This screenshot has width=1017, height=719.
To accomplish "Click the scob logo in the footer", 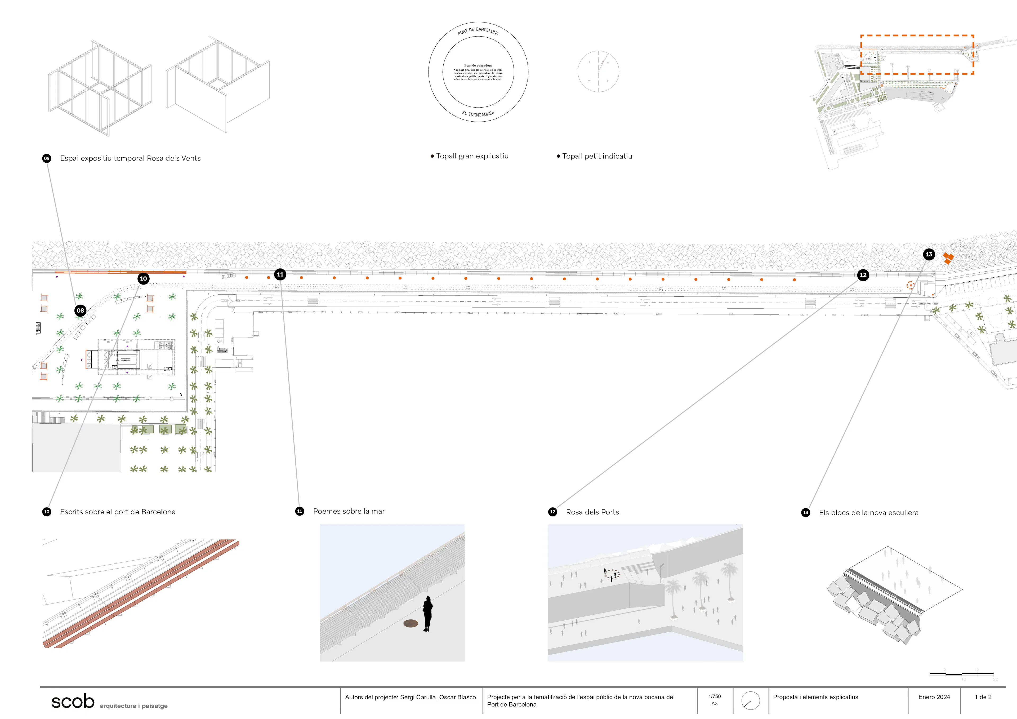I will [73, 701].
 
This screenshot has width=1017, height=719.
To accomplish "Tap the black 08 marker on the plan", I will [80, 310].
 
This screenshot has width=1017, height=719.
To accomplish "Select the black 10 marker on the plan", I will [143, 279].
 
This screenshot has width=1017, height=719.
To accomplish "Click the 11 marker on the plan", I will [280, 274].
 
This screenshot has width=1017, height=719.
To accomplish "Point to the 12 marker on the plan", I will [863, 275].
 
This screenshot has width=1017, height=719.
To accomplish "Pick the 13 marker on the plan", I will [929, 254].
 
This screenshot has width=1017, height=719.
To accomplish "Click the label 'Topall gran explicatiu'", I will [472, 156].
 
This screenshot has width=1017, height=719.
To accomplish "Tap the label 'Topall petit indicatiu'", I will [597, 156].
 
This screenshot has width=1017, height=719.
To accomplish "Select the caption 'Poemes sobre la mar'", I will [349, 511].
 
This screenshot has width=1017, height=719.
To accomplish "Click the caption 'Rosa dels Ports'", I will [592, 512].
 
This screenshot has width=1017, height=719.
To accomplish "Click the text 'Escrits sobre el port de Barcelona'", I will [118, 512].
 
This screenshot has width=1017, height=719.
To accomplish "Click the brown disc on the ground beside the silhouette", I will [411, 624].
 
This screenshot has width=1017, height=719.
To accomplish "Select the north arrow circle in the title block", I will [750, 701].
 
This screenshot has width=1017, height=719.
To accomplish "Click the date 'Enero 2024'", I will [934, 697].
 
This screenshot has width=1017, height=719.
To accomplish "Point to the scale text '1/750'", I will [715, 696].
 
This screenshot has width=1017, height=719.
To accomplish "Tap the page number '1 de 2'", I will [983, 697].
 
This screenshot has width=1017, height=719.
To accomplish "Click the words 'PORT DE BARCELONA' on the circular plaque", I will [478, 30].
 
